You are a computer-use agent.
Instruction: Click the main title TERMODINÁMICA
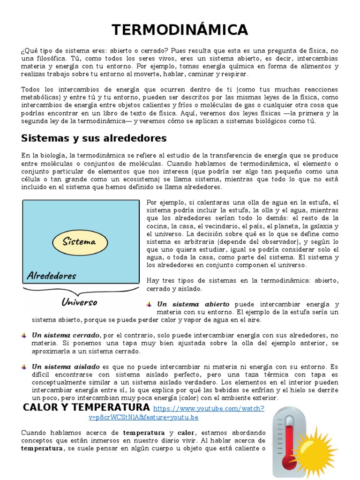tap(180, 30)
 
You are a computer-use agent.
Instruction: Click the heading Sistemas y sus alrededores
tap(94, 138)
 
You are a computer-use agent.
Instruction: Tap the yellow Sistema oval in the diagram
tap(80, 242)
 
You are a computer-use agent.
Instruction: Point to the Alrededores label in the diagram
tap(51, 275)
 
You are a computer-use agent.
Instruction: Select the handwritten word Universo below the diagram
tap(79, 302)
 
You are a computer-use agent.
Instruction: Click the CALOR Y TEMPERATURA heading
tap(86, 407)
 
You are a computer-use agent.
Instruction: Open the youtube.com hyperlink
tap(208, 408)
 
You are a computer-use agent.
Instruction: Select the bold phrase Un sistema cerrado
tap(66, 335)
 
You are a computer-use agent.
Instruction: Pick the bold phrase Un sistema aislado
tap(66, 367)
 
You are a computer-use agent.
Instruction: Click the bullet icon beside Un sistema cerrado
tap(23, 335)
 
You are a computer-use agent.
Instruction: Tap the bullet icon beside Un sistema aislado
tap(23, 367)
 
